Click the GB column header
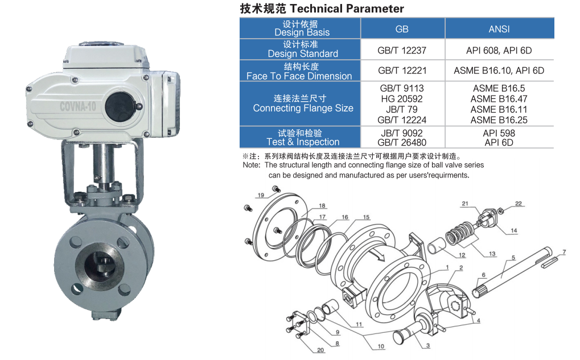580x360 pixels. tap(402, 29)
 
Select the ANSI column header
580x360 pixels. tap(499, 29)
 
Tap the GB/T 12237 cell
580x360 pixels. tap(402, 51)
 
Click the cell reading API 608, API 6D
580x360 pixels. tap(499, 51)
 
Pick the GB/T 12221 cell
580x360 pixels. tap(402, 71)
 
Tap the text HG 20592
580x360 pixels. tap(402, 99)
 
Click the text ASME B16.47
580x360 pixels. tap(499, 99)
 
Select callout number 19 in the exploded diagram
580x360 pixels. tap(261, 195)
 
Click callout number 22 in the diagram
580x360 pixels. tap(518, 204)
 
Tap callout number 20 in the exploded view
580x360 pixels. tap(320, 350)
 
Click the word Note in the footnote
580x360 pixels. tap(251, 165)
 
